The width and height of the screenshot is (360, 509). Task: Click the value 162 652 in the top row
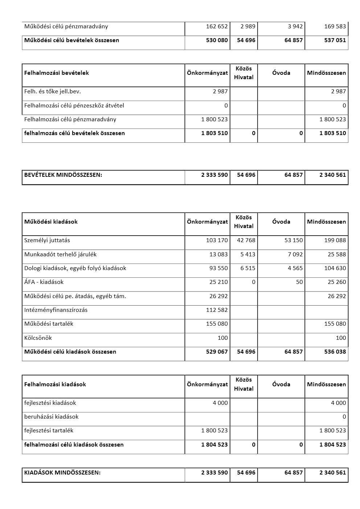217,27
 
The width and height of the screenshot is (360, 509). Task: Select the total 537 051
335,40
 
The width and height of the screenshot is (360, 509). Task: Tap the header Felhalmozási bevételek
57,73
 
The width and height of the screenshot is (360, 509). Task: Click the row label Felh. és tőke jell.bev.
53,91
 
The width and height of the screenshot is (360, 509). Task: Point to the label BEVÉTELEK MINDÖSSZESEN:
63,175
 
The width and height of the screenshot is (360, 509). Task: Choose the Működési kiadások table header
51,222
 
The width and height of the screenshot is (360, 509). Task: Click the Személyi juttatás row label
47,240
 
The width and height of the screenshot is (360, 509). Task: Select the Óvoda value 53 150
293,240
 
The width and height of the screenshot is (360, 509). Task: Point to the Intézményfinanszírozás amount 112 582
217,310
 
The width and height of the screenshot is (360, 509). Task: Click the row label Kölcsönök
38,338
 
